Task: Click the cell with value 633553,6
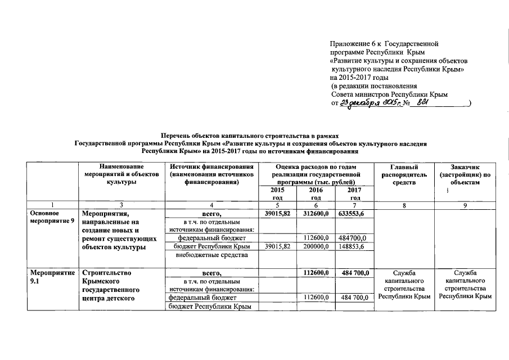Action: [355, 214]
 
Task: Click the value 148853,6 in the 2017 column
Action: [355, 246]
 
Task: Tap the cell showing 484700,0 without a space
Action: [355, 238]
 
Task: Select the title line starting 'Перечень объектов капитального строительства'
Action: [250, 136]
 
